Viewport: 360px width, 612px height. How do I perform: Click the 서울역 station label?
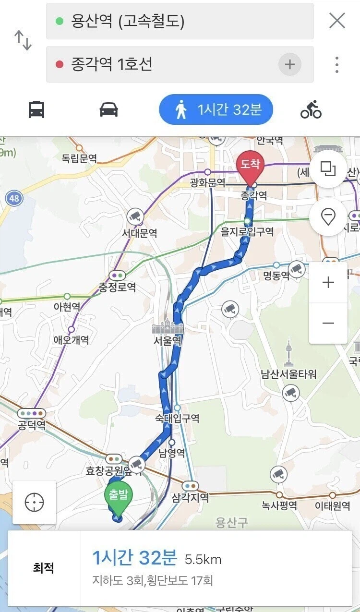[x=168, y=341]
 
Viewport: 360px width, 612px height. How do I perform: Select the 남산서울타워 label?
[x=288, y=374]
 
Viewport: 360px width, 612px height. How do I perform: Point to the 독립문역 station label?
[x=79, y=158]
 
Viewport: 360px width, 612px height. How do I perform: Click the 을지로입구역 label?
[x=247, y=232]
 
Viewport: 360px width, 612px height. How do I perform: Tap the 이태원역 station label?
[x=332, y=506]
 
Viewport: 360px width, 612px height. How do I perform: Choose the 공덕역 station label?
[x=32, y=425]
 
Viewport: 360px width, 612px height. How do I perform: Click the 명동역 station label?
[x=276, y=276]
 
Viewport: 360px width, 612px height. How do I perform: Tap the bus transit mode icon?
[x=36, y=110]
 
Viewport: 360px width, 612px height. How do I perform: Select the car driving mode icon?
[x=109, y=110]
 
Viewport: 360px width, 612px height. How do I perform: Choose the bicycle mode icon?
[x=311, y=110]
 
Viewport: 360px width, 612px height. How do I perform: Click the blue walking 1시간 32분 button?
[x=216, y=110]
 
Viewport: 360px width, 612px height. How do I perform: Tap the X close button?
[x=337, y=21]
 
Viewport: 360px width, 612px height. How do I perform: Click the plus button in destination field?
[x=289, y=64]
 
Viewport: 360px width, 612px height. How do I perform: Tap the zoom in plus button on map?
[x=328, y=282]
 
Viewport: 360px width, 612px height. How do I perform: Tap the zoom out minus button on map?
[x=328, y=323]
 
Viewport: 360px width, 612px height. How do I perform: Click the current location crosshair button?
[x=34, y=502]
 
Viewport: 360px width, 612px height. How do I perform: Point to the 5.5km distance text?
[x=203, y=559]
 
